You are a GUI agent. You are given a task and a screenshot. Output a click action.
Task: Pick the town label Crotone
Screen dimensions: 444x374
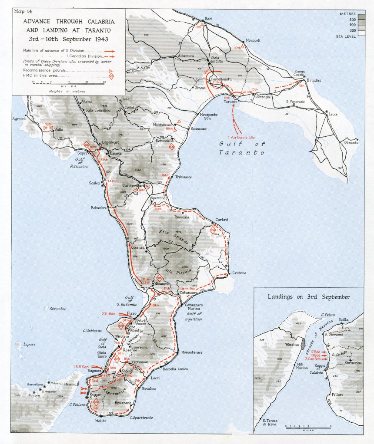tap(238, 273)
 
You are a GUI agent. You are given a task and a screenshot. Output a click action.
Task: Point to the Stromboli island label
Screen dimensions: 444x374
tap(56, 309)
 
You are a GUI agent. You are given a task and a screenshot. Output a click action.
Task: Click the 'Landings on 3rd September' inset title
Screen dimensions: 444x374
tap(309, 297)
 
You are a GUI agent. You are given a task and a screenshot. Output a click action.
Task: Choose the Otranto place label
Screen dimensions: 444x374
tap(351, 142)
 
